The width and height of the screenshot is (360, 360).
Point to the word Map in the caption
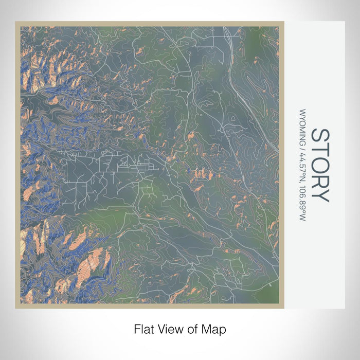[x=213, y=328]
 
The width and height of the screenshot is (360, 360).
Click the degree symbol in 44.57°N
[x=303, y=172]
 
